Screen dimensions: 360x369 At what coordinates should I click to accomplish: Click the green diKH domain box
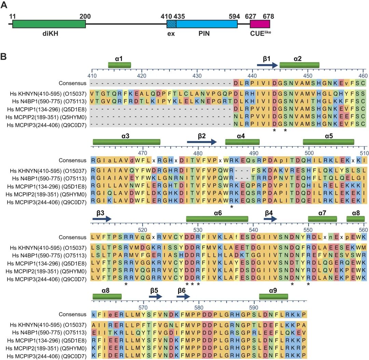point(49,24)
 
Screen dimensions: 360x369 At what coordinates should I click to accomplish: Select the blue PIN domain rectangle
point(207,24)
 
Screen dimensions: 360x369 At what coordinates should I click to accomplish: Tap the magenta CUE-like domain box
point(260,24)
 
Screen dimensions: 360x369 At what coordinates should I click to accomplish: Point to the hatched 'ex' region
point(172,24)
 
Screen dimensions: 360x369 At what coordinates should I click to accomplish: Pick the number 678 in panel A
point(268,16)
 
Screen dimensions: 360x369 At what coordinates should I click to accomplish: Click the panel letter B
point(6,57)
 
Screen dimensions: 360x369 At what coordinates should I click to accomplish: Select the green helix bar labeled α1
point(120,65)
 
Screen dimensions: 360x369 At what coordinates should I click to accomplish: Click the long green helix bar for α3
point(126,142)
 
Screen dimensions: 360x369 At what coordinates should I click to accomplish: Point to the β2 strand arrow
point(202,142)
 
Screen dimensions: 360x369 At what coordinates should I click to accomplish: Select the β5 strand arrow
point(155,297)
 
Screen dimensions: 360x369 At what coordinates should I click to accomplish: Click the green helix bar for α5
point(328,142)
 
